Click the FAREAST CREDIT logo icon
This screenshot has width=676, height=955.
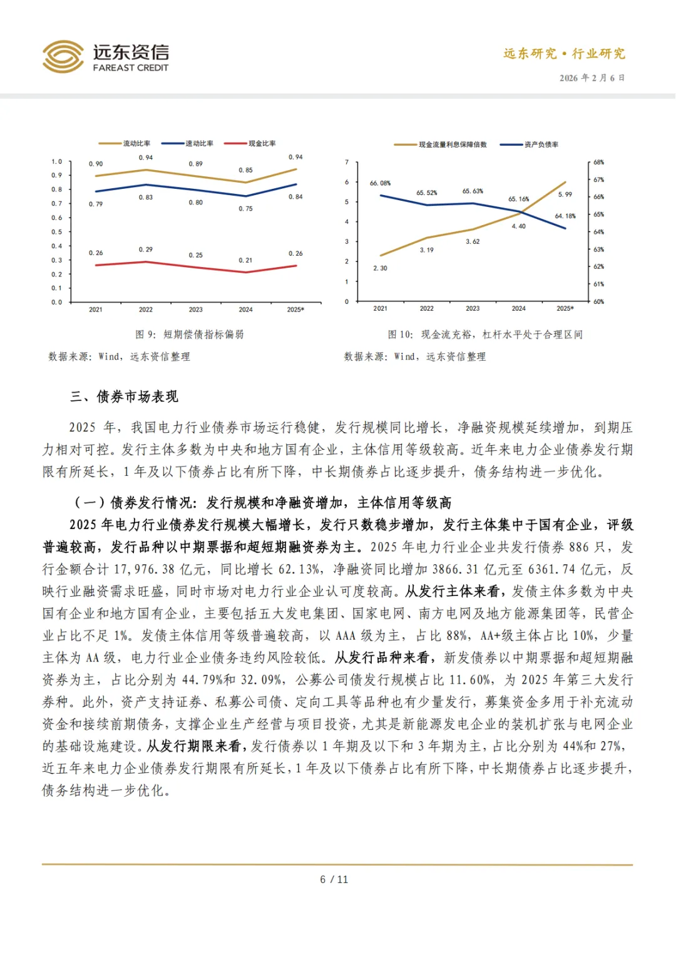point(63,57)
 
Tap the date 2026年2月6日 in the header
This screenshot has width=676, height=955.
point(591,78)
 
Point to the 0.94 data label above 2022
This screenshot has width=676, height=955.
point(146,158)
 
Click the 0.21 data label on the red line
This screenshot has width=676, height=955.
point(245,260)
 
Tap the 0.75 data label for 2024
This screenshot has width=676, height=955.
point(245,209)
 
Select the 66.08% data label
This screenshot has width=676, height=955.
point(380,183)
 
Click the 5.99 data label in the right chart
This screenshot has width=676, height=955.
point(565,195)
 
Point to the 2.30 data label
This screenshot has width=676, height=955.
point(380,268)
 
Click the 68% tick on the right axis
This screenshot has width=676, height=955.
point(598,163)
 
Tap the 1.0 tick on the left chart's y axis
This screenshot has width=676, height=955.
point(56,162)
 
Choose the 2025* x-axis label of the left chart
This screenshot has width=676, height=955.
point(295,310)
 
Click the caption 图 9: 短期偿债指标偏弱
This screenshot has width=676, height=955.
point(190,335)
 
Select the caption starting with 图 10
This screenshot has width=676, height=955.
point(485,335)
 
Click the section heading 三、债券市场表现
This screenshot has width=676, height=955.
point(124,397)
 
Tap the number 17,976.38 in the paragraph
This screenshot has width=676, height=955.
point(143,570)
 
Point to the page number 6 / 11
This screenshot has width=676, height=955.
point(334,879)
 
